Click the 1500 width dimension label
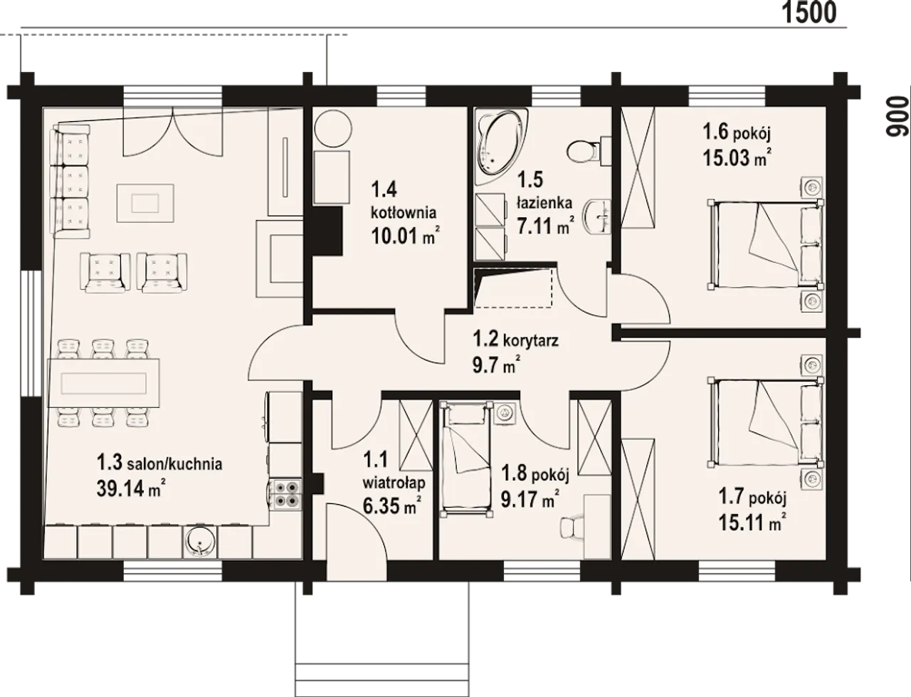coord(809,14)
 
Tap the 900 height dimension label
coord(897,117)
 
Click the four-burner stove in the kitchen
coord(285,494)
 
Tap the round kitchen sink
coord(200,543)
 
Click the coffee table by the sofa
coord(145,204)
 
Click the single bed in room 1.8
coord(466,458)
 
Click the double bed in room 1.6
coord(766,244)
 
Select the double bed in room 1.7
coord(766,421)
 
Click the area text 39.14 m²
coord(132,488)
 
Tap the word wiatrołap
coord(394,483)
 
